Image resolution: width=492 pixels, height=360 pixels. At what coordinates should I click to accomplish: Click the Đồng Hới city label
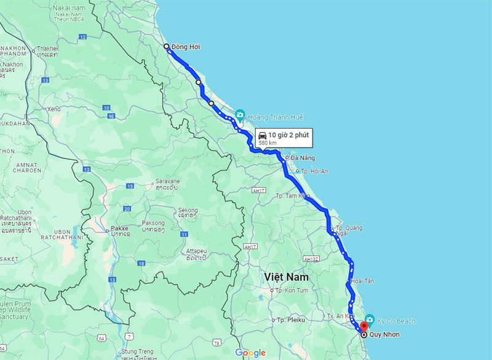tap(186, 47)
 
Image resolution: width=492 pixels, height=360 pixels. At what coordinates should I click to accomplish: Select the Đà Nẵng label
tap(303, 158)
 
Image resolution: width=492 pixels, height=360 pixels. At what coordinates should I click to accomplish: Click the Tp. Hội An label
tap(314, 171)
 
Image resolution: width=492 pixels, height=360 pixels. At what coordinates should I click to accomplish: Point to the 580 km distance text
tap(267, 143)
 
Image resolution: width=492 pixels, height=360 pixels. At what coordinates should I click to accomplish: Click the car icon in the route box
tap(262, 135)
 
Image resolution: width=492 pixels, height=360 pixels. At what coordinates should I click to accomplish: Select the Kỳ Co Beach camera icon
tap(370, 319)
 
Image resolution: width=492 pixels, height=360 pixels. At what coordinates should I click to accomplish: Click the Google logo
tap(250, 353)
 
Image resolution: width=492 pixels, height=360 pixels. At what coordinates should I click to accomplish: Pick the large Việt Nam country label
tap(287, 277)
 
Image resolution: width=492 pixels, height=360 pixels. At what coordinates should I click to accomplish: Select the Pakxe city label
tap(120, 228)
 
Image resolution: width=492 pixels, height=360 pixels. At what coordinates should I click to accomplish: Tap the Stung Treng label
tap(138, 352)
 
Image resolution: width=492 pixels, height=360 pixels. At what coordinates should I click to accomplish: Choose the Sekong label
tap(188, 210)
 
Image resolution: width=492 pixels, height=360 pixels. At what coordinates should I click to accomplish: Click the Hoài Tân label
tap(363, 281)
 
